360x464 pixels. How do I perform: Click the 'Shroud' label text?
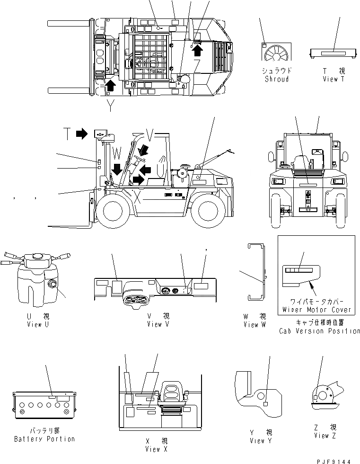pyautogui.click(x=277, y=79)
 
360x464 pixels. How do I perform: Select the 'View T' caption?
pyautogui.click(x=334, y=79)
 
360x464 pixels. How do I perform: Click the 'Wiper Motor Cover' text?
pyautogui.click(x=317, y=310)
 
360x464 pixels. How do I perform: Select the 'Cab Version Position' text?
pyautogui.click(x=320, y=331)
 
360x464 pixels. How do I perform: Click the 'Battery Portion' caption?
pyautogui.click(x=44, y=439)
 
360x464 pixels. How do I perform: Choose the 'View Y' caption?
pyautogui.click(x=261, y=441)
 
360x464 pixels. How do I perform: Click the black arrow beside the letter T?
pyautogui.click(x=82, y=134)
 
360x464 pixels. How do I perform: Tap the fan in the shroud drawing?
pyautogui.click(x=277, y=54)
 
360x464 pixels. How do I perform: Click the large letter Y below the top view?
pyautogui.click(x=110, y=106)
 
